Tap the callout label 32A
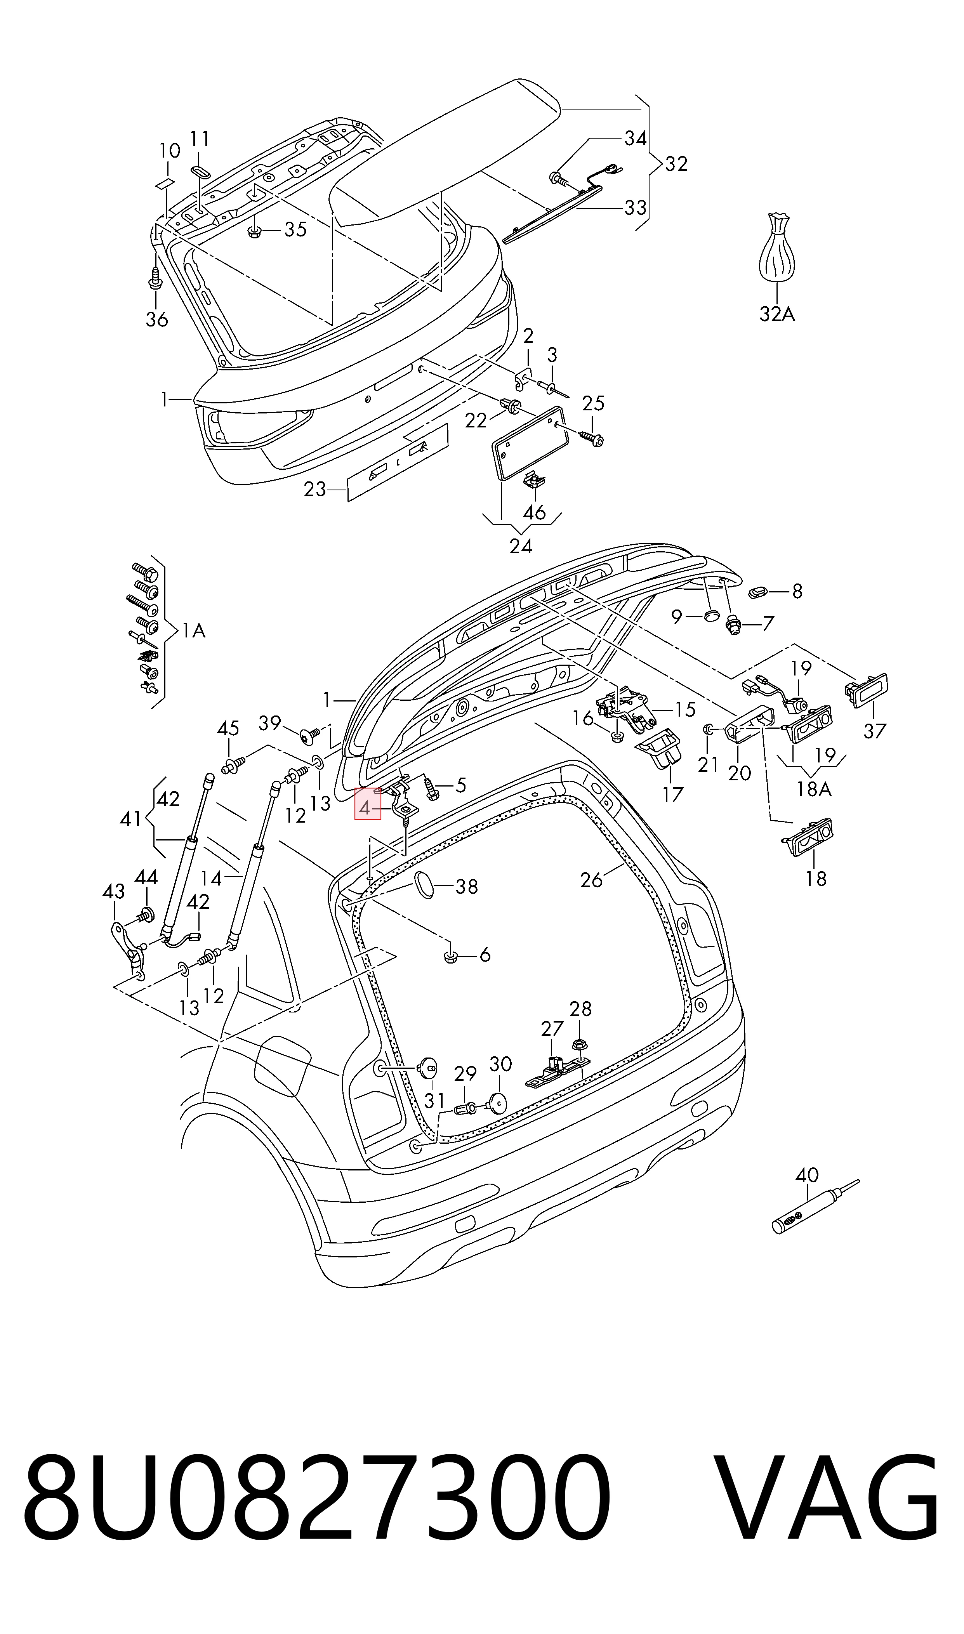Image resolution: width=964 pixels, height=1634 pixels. [777, 314]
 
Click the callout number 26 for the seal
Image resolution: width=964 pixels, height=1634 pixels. [591, 880]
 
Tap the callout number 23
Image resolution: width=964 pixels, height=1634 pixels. [314, 489]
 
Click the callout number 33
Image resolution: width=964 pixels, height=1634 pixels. [635, 207]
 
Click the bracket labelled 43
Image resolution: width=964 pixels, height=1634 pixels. [129, 952]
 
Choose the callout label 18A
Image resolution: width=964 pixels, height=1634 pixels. [813, 789]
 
